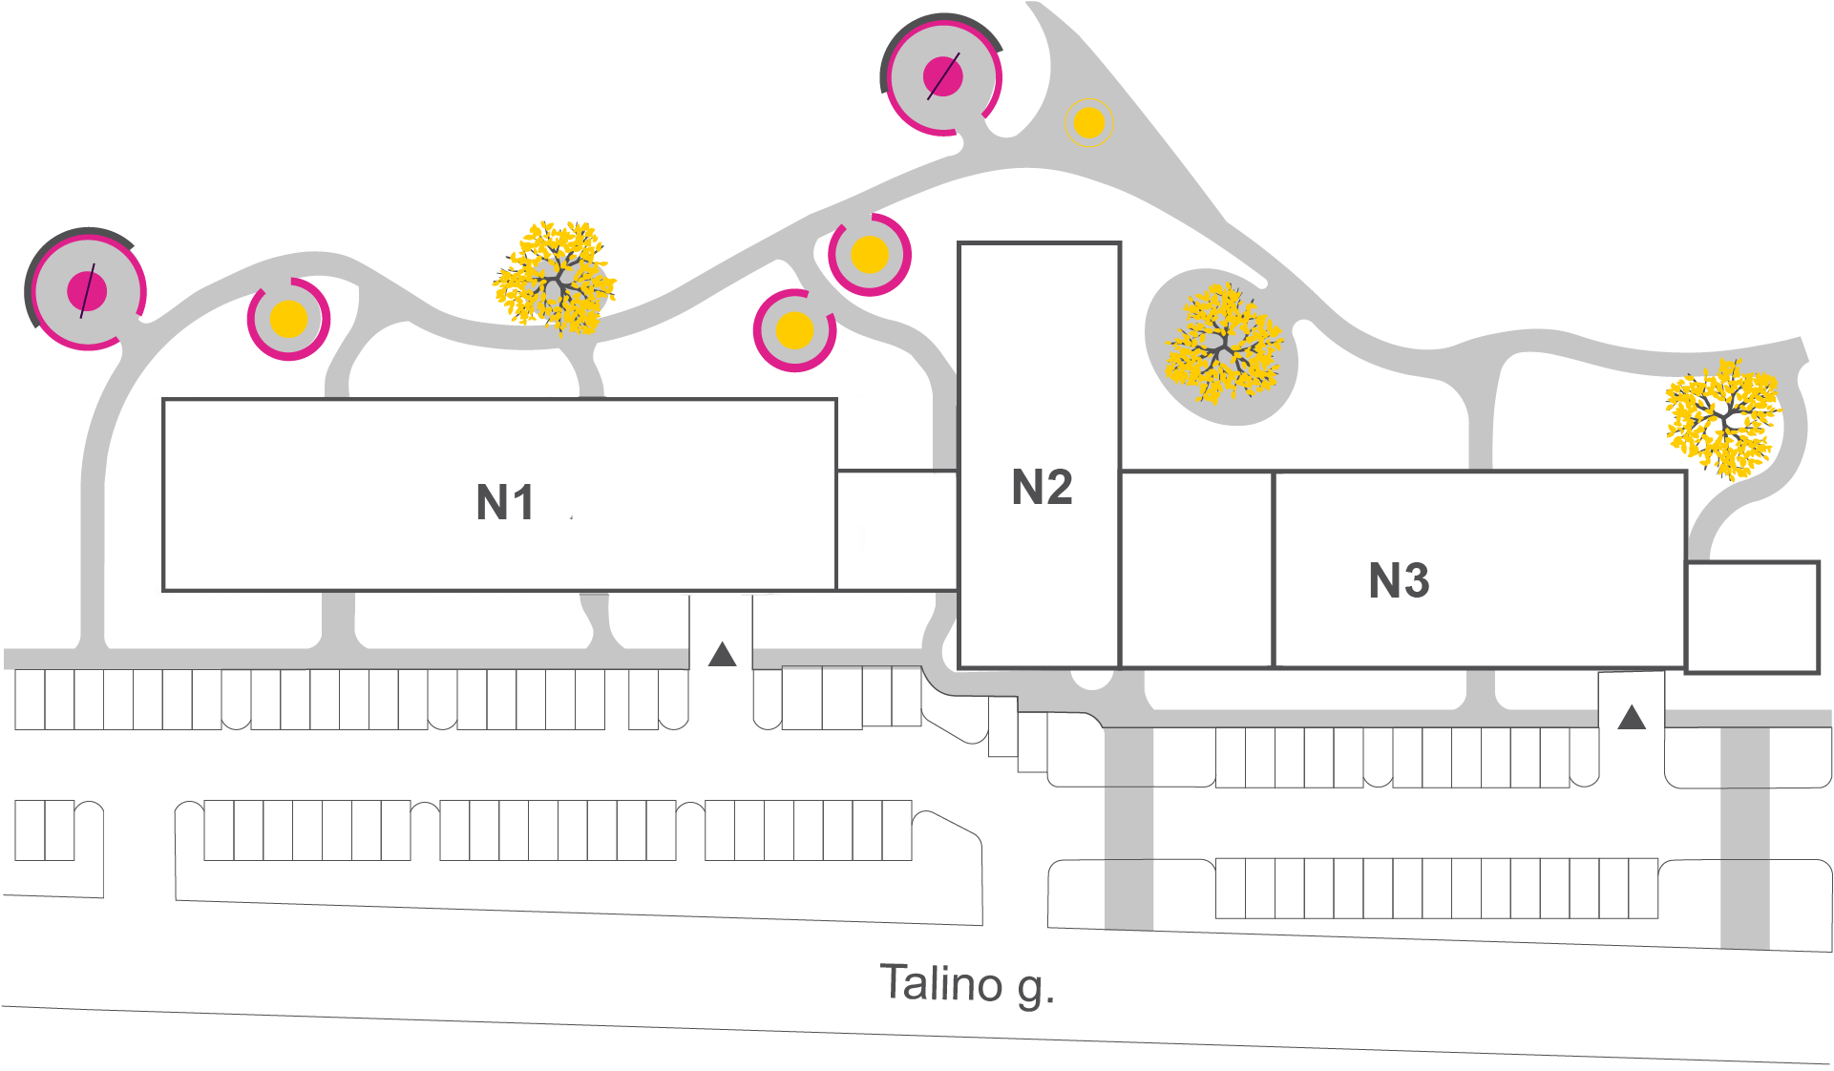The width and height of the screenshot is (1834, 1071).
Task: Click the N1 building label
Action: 506,503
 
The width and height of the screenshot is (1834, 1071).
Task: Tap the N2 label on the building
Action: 1042,488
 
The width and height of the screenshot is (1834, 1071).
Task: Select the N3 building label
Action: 1399,580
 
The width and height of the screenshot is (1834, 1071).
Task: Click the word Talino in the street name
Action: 941,983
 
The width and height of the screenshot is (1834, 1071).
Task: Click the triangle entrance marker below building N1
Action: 723,655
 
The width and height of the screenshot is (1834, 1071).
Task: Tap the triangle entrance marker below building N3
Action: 1632,717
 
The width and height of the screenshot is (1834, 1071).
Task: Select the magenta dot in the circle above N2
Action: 943,76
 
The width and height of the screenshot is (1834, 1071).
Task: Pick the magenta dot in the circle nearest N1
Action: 87,290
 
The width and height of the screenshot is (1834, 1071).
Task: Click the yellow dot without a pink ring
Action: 1089,123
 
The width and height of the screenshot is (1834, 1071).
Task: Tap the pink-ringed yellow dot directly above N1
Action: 288,320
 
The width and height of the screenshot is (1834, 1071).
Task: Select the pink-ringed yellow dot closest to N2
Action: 870,255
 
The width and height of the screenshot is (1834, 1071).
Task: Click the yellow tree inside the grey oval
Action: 1222,346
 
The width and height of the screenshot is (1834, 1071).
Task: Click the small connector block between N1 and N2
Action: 897,530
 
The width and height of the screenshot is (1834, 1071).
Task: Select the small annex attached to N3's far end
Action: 1753,617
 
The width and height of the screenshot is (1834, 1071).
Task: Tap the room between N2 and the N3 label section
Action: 1197,570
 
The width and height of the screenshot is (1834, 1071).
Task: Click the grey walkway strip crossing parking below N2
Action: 1129,826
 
